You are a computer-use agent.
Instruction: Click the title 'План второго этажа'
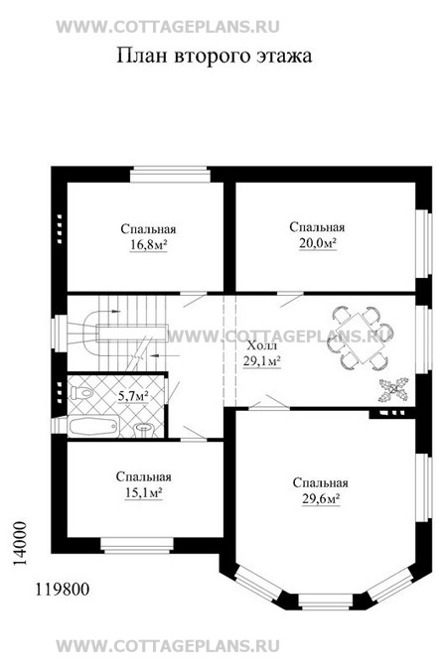pyautogui.click(x=214, y=57)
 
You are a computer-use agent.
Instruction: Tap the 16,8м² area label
pyautogui.click(x=148, y=245)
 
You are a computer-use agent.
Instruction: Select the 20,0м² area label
pyautogui.click(x=318, y=243)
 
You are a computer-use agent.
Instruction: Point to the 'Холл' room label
pyautogui.click(x=262, y=345)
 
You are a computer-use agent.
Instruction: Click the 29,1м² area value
pyautogui.click(x=262, y=361)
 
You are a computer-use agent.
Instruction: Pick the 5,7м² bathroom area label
pyautogui.click(x=133, y=396)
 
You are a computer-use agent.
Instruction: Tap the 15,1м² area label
pyautogui.click(x=143, y=493)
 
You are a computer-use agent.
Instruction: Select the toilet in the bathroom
pyautogui.click(x=80, y=392)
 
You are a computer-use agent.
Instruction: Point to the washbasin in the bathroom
pyautogui.click(x=145, y=430)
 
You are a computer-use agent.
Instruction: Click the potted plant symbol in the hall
pyautogui.click(x=393, y=390)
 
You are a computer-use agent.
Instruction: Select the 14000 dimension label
pyautogui.click(x=19, y=544)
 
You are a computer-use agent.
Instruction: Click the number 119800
pyautogui.click(x=63, y=590)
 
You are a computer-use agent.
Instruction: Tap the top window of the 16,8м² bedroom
pyautogui.click(x=170, y=174)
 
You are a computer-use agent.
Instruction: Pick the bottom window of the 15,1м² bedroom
pyautogui.click(x=137, y=545)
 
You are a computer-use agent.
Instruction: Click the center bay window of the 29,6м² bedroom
pyautogui.click(x=326, y=602)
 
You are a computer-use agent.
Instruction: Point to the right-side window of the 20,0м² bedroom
pyautogui.click(x=423, y=243)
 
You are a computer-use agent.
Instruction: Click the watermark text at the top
pyautogui.click(x=168, y=27)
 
